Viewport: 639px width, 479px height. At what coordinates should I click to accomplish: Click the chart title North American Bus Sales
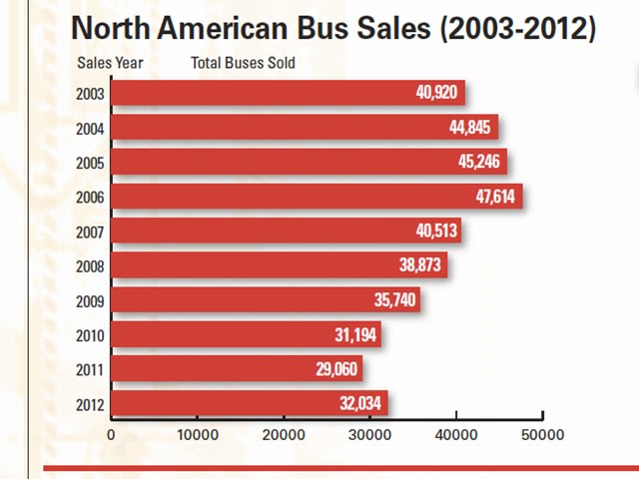click(332, 27)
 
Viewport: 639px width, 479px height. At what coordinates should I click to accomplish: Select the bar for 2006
click(316, 196)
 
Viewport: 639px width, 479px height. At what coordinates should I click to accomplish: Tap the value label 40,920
click(437, 93)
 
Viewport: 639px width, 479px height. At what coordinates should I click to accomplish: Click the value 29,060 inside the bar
click(334, 369)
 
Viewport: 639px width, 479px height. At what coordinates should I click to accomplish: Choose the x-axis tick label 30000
click(369, 435)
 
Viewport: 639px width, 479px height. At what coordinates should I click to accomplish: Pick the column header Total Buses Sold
click(243, 63)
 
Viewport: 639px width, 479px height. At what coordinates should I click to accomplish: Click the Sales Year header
click(110, 63)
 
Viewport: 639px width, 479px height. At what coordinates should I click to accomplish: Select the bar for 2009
click(265, 299)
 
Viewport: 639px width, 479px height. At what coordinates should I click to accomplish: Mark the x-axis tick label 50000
click(542, 435)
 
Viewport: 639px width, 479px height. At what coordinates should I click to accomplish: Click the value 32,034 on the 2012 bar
click(360, 403)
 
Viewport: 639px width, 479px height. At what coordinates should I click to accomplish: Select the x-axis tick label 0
click(111, 435)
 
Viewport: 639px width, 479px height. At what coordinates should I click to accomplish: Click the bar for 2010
click(245, 334)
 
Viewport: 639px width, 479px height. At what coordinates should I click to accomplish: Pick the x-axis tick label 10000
click(197, 435)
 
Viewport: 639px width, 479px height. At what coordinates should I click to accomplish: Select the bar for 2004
click(304, 127)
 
